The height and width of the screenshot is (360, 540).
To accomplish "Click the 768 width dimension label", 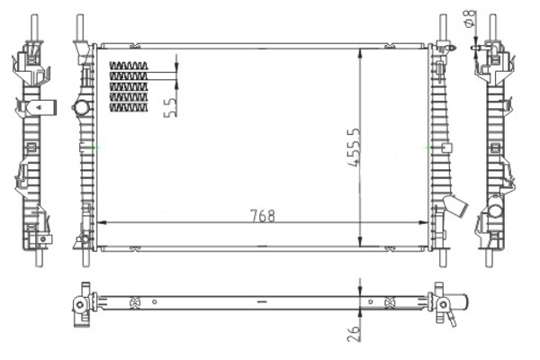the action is pos(263,216).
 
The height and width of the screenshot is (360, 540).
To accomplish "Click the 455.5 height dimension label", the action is pos(355,148).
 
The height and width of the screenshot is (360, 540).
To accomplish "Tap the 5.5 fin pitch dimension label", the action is pos(171,107).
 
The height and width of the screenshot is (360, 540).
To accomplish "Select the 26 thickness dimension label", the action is pos(354,333).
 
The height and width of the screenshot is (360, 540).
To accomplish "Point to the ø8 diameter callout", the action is pos(470,18).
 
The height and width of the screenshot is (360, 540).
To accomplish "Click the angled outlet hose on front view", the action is pos(456,206).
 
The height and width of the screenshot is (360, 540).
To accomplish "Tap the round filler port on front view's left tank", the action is pos(82,107).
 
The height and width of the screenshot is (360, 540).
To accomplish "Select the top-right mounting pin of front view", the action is pos(443,28).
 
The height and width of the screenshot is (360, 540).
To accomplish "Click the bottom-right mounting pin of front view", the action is pos(443,257).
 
